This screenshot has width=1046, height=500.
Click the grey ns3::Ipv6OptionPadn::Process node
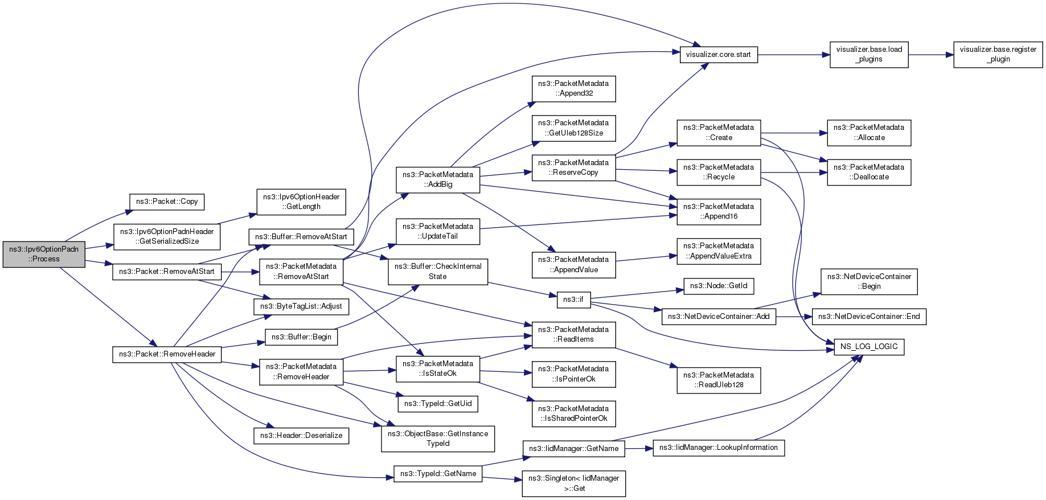tap(44, 254)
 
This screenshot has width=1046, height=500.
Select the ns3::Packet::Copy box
tap(167, 202)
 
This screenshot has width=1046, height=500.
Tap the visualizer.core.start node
tap(719, 55)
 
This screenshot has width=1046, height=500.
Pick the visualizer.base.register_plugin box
tap(998, 55)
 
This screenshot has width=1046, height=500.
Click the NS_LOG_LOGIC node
tap(869, 347)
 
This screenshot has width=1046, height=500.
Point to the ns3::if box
tap(573, 300)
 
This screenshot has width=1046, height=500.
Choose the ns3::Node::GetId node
tap(719, 286)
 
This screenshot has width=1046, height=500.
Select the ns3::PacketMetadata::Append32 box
tap(573, 89)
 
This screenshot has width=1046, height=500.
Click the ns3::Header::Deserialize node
tap(301, 436)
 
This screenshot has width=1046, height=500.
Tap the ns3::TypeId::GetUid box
tap(438, 404)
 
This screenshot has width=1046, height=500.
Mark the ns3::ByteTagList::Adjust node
tap(301, 306)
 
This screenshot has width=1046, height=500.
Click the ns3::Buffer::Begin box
tap(301, 337)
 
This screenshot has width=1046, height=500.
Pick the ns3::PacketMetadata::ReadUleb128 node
tap(719, 380)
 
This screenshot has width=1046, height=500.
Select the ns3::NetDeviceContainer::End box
tap(869, 317)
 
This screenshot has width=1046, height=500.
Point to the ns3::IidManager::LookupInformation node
tap(719, 448)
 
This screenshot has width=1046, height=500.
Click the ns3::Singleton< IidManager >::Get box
tap(573, 483)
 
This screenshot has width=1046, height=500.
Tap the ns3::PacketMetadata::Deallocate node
tap(869, 173)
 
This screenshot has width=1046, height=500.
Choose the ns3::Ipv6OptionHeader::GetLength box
tap(301, 202)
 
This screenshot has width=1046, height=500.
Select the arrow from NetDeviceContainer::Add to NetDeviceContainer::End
tap(794, 317)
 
